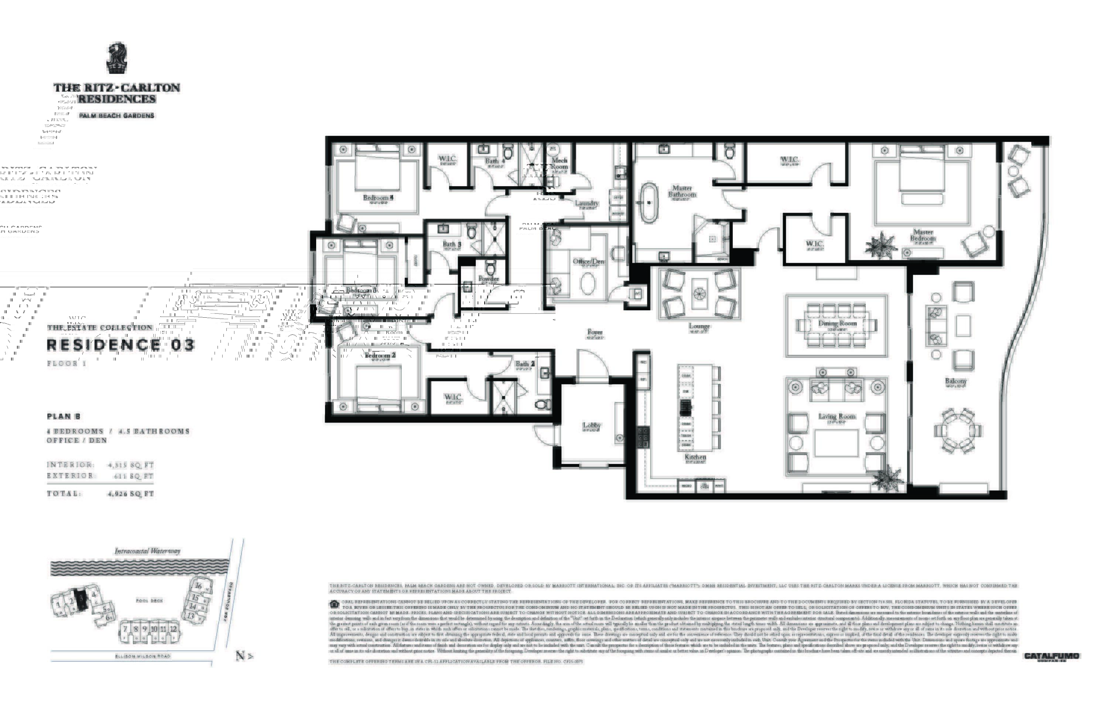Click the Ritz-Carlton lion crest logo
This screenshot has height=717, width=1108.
[116, 58]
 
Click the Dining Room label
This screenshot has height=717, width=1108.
[837, 323]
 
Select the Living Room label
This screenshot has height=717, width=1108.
[837, 416]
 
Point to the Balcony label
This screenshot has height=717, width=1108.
[956, 381]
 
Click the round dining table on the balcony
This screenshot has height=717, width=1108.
[958, 431]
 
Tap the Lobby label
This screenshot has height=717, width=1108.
[592, 425]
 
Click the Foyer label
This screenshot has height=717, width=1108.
[595, 332]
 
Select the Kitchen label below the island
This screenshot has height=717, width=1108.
[695, 457]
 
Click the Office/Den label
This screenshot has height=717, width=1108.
[588, 261]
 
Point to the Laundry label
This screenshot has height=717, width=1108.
[586, 203]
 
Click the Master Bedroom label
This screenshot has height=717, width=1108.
[923, 235]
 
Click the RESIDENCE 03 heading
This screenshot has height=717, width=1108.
[120, 345]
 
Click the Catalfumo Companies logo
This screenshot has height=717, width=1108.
[1051, 656]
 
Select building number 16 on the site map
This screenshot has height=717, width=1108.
[198, 586]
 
